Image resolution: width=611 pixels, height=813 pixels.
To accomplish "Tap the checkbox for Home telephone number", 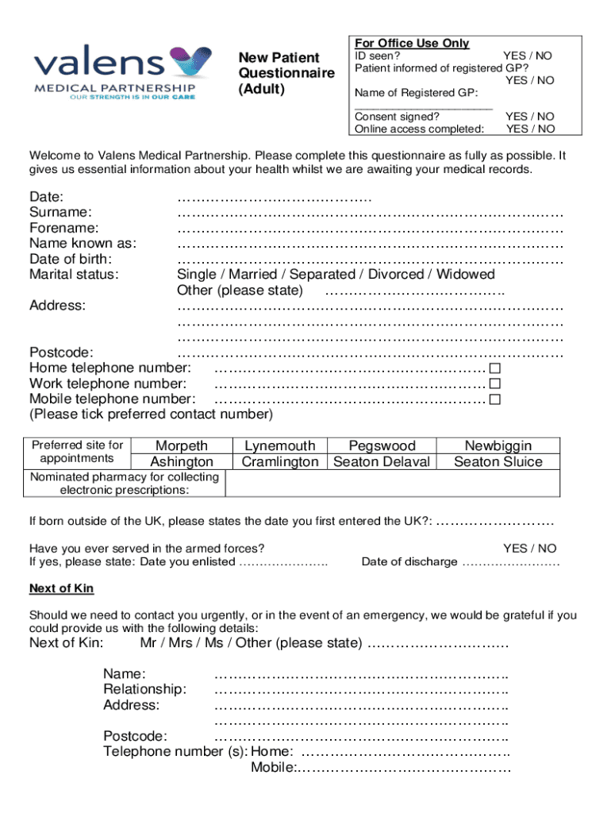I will pyautogui.click(x=495, y=368).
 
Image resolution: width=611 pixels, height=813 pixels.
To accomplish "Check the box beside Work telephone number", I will pyautogui.click(x=495, y=383).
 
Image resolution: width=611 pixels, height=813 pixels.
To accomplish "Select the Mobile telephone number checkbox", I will pyautogui.click(x=495, y=399).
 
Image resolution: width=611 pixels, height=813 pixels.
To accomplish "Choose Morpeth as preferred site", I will pyautogui.click(x=182, y=446).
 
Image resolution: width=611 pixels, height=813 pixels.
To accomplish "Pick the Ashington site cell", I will pyautogui.click(x=182, y=462).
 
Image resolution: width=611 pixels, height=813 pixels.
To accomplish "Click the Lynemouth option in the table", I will pyautogui.click(x=279, y=446).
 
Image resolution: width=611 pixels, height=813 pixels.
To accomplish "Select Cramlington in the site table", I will pyautogui.click(x=279, y=462).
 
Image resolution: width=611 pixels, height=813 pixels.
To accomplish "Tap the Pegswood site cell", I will pyautogui.click(x=382, y=446).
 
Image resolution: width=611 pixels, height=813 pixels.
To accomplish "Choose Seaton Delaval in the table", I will pyautogui.click(x=382, y=462).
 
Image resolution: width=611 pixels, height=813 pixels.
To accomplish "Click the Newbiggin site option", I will pyautogui.click(x=498, y=446).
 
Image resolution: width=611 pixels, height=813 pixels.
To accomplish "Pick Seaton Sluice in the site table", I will pyautogui.click(x=498, y=462).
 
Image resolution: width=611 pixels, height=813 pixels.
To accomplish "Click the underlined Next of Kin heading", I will pyautogui.click(x=62, y=588).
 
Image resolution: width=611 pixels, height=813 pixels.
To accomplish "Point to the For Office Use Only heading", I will pyautogui.click(x=412, y=43).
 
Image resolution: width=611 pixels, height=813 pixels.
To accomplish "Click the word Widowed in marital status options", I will pyautogui.click(x=465, y=275).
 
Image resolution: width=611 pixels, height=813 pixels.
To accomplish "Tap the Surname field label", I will pyautogui.click(x=60, y=212).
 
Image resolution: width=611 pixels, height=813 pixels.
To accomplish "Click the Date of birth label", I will pyautogui.click(x=71, y=259).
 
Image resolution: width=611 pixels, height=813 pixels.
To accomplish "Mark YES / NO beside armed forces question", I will pyautogui.click(x=529, y=549).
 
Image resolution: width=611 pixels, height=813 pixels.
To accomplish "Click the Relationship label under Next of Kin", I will pyautogui.click(x=145, y=689).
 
